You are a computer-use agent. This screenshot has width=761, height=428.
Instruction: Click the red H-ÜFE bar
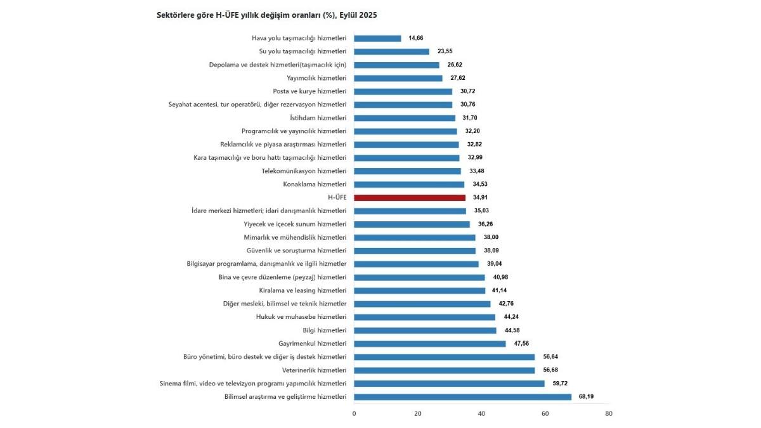coord(410,198)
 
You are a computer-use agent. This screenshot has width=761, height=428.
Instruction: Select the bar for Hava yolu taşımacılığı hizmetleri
coord(377,38)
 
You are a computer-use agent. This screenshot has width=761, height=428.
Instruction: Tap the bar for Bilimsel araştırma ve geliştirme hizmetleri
coord(462,397)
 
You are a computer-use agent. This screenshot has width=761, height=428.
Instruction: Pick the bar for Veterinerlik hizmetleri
coord(444,370)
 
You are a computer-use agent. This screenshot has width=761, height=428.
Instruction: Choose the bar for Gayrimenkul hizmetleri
coord(429,344)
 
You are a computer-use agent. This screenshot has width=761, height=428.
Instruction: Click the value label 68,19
coord(587,397)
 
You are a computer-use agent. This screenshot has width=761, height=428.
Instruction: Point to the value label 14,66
coord(416,38)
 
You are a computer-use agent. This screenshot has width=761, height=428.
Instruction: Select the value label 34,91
coord(481,198)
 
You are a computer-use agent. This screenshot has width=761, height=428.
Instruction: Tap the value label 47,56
coord(521,344)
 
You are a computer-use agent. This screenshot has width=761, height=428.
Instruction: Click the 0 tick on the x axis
coord(354,414)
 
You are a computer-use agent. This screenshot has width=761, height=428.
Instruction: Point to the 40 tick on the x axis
coord(481,414)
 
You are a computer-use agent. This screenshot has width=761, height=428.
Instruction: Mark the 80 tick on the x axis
coord(609,414)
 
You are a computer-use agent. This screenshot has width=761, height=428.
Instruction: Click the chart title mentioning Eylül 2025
coord(266,15)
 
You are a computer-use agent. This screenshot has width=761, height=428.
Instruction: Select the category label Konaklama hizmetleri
coord(315,185)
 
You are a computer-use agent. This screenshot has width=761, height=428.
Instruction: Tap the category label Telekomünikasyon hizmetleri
coord(304,171)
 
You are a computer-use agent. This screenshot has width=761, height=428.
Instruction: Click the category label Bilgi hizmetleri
coord(325,330)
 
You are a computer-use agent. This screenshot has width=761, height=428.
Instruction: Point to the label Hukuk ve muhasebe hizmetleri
coord(301,317)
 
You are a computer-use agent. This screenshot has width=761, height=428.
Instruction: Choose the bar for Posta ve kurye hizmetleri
coord(403,91)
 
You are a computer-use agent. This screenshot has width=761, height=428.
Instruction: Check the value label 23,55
coord(445,51)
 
